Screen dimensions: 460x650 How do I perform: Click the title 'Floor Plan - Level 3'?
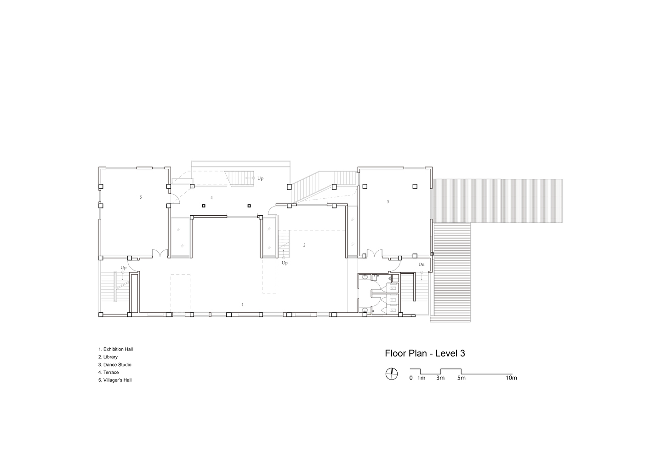coord(425,353)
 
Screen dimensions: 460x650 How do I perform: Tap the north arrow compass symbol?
coord(391,374)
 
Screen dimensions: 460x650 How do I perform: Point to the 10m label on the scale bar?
coord(511,378)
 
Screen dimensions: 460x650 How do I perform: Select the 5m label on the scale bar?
coord(461,378)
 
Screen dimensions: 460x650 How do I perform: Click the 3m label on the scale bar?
coord(440,378)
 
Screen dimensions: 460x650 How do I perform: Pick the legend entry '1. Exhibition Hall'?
coord(115,349)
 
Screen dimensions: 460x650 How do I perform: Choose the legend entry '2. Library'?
coord(108,357)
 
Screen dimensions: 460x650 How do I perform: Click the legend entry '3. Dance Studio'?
coord(114,365)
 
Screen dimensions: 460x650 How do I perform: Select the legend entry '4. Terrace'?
coord(108,373)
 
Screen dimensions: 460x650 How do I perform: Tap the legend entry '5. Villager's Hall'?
coord(115,380)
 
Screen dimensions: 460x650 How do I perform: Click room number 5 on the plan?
coord(141,197)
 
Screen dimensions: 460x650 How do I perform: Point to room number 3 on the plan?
coord(388,201)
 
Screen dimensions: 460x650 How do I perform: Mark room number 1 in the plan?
coord(243,305)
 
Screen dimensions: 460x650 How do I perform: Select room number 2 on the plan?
coord(304,245)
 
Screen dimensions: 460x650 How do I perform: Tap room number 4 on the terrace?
coord(211,198)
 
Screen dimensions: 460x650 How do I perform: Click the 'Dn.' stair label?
coord(422,264)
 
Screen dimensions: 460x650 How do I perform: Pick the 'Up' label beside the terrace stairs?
coord(260,178)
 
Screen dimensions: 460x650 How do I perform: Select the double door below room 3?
coord(374,253)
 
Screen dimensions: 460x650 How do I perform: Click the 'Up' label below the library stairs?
coord(285,263)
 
